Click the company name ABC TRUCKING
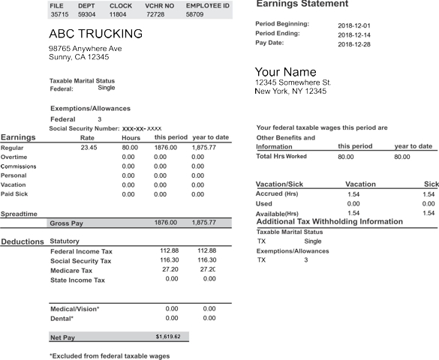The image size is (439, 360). pos(95,34)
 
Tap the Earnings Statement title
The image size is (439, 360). pos(302,4)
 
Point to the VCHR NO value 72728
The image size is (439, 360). pos(155,14)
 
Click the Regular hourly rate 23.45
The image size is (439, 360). pos(89,148)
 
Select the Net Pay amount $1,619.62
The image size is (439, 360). pos(168,337)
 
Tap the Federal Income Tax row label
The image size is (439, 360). pos(81,251)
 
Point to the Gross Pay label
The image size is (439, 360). pos(66,223)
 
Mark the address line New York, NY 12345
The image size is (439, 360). pos(291,91)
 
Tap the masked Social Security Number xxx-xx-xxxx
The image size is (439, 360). pos(142,128)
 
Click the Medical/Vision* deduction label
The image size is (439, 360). pos(74,309)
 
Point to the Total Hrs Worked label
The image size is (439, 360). pos(281,157)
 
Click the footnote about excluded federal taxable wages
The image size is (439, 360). pos(110,355)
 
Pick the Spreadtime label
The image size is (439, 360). pos(19,214)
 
